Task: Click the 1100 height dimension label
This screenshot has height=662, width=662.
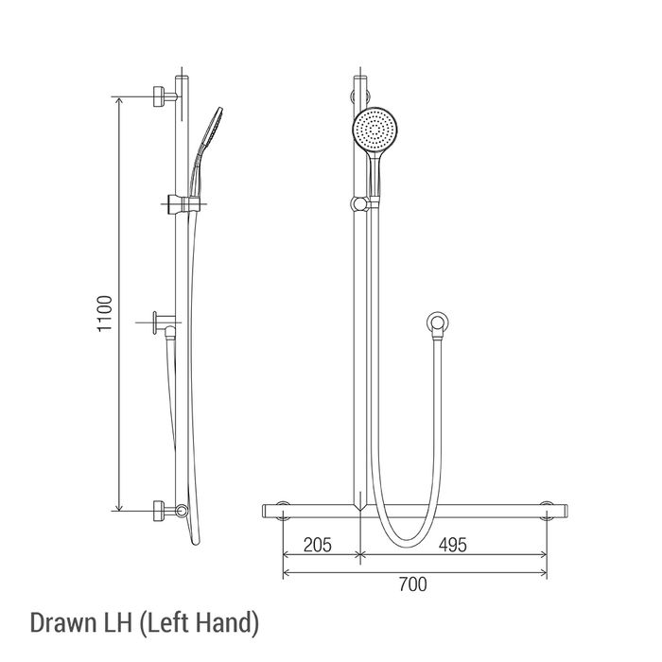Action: [105, 313]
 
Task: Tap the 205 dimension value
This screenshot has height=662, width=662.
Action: [318, 545]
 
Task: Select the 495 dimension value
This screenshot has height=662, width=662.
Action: [453, 545]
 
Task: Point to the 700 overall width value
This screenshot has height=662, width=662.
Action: [413, 584]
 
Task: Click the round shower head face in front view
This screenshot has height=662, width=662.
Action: [375, 131]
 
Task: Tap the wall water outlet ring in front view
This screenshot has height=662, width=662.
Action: [437, 323]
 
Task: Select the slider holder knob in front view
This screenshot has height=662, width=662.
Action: [359, 204]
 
